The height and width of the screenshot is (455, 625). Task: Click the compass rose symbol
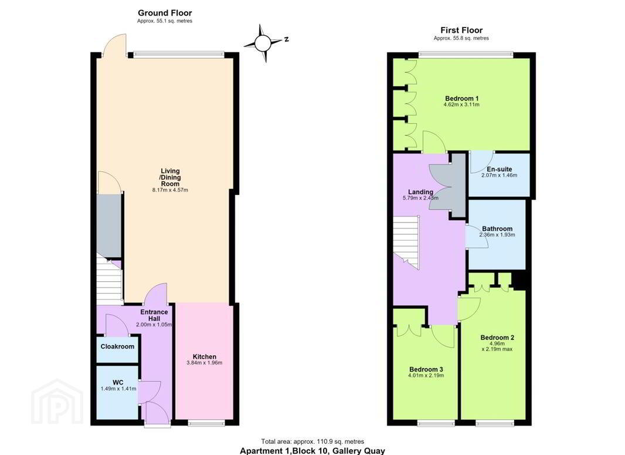pos(263,43)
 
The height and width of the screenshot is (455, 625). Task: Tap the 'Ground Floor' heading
pos(165,13)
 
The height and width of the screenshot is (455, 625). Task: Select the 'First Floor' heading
pos(461,30)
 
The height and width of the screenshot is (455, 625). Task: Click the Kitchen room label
pos(205,357)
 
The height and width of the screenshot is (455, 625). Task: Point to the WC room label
pos(118,382)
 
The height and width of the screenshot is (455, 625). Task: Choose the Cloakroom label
pos(117,346)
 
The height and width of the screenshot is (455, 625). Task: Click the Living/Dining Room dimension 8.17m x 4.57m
pos(170,190)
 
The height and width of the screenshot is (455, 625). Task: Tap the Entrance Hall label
pos(154,315)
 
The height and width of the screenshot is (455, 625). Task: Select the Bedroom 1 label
pos(461,99)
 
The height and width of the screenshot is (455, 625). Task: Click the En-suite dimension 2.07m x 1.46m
pos(499,175)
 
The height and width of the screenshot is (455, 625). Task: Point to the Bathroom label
pos(497,229)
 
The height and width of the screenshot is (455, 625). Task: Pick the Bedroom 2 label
pos(497,338)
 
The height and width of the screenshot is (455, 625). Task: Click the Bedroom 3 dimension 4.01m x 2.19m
pos(426,376)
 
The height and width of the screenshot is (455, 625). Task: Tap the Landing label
pos(420,192)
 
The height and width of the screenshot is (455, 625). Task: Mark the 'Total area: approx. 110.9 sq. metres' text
pos(312,442)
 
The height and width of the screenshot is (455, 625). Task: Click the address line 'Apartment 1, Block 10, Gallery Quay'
pos(312,451)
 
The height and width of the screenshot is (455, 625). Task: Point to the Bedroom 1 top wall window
pos(466,55)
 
